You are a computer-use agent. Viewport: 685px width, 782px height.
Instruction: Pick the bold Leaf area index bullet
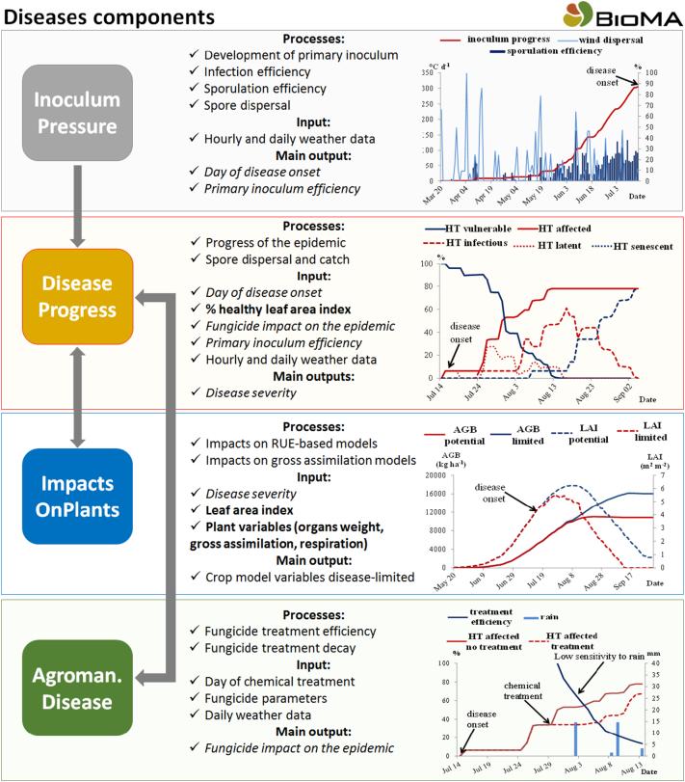pos(262,511)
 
